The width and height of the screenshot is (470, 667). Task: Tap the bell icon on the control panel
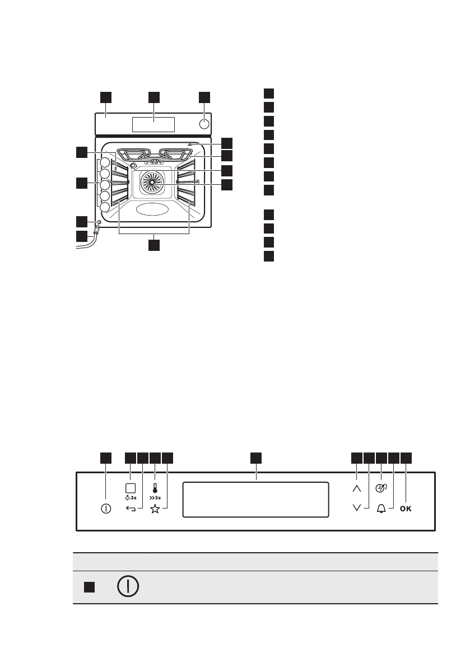382,509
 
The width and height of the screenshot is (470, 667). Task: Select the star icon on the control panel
155,509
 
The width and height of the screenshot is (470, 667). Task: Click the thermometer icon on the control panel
155,487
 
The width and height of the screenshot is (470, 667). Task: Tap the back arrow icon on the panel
130,509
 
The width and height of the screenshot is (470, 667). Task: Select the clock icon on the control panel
382,488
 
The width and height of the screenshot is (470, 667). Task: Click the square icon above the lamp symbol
130,487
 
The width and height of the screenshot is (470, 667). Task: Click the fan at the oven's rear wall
152,183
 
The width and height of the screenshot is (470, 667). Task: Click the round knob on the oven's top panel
205,124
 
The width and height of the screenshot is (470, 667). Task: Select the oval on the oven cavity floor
152,210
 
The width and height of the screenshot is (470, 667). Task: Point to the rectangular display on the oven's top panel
153,124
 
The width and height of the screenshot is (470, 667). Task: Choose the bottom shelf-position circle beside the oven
105,208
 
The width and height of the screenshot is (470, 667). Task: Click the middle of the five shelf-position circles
105,185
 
